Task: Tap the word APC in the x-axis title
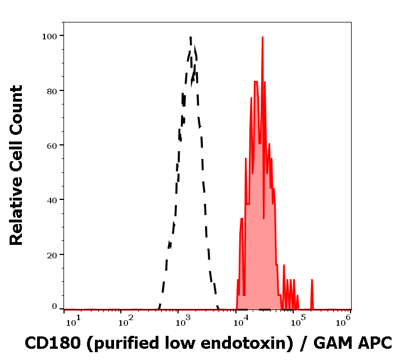[375, 342]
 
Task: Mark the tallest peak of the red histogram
[262, 38]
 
